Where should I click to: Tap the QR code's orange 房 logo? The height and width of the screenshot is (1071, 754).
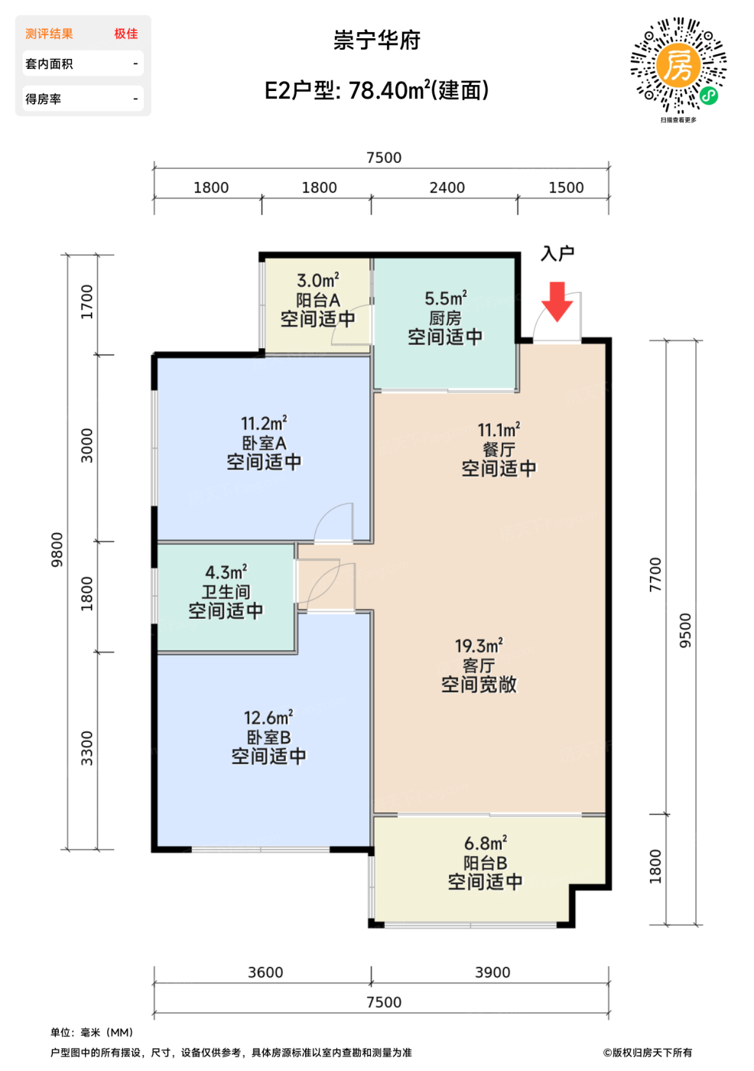(x=678, y=66)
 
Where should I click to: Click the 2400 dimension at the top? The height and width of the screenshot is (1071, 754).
(x=447, y=187)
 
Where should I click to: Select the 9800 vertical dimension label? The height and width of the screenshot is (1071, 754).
(x=57, y=550)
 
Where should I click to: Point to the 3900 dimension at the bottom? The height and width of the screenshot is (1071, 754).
(x=492, y=972)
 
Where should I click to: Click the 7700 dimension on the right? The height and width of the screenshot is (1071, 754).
(x=655, y=575)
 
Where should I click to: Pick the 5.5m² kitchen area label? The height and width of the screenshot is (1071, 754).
(x=445, y=299)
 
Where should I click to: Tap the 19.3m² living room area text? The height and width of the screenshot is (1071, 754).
(x=479, y=646)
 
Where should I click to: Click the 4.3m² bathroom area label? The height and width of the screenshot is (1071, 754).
(x=226, y=572)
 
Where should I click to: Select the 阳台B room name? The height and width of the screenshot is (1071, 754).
(x=485, y=863)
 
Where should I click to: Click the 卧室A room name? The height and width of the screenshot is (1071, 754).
(x=264, y=443)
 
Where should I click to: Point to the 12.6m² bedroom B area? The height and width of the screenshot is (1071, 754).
(x=268, y=718)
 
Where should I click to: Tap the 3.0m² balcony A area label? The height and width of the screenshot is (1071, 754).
(x=318, y=280)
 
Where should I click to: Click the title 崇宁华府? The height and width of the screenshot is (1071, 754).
(x=377, y=40)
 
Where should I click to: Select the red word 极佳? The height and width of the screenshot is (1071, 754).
(x=126, y=34)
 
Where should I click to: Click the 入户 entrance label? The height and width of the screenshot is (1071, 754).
(x=557, y=253)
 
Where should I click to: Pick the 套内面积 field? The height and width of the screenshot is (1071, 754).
(x=49, y=63)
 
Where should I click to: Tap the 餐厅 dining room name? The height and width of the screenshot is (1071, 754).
(x=499, y=450)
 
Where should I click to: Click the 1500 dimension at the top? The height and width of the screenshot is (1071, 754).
(x=566, y=187)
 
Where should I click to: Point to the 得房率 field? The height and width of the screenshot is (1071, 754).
(x=43, y=99)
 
